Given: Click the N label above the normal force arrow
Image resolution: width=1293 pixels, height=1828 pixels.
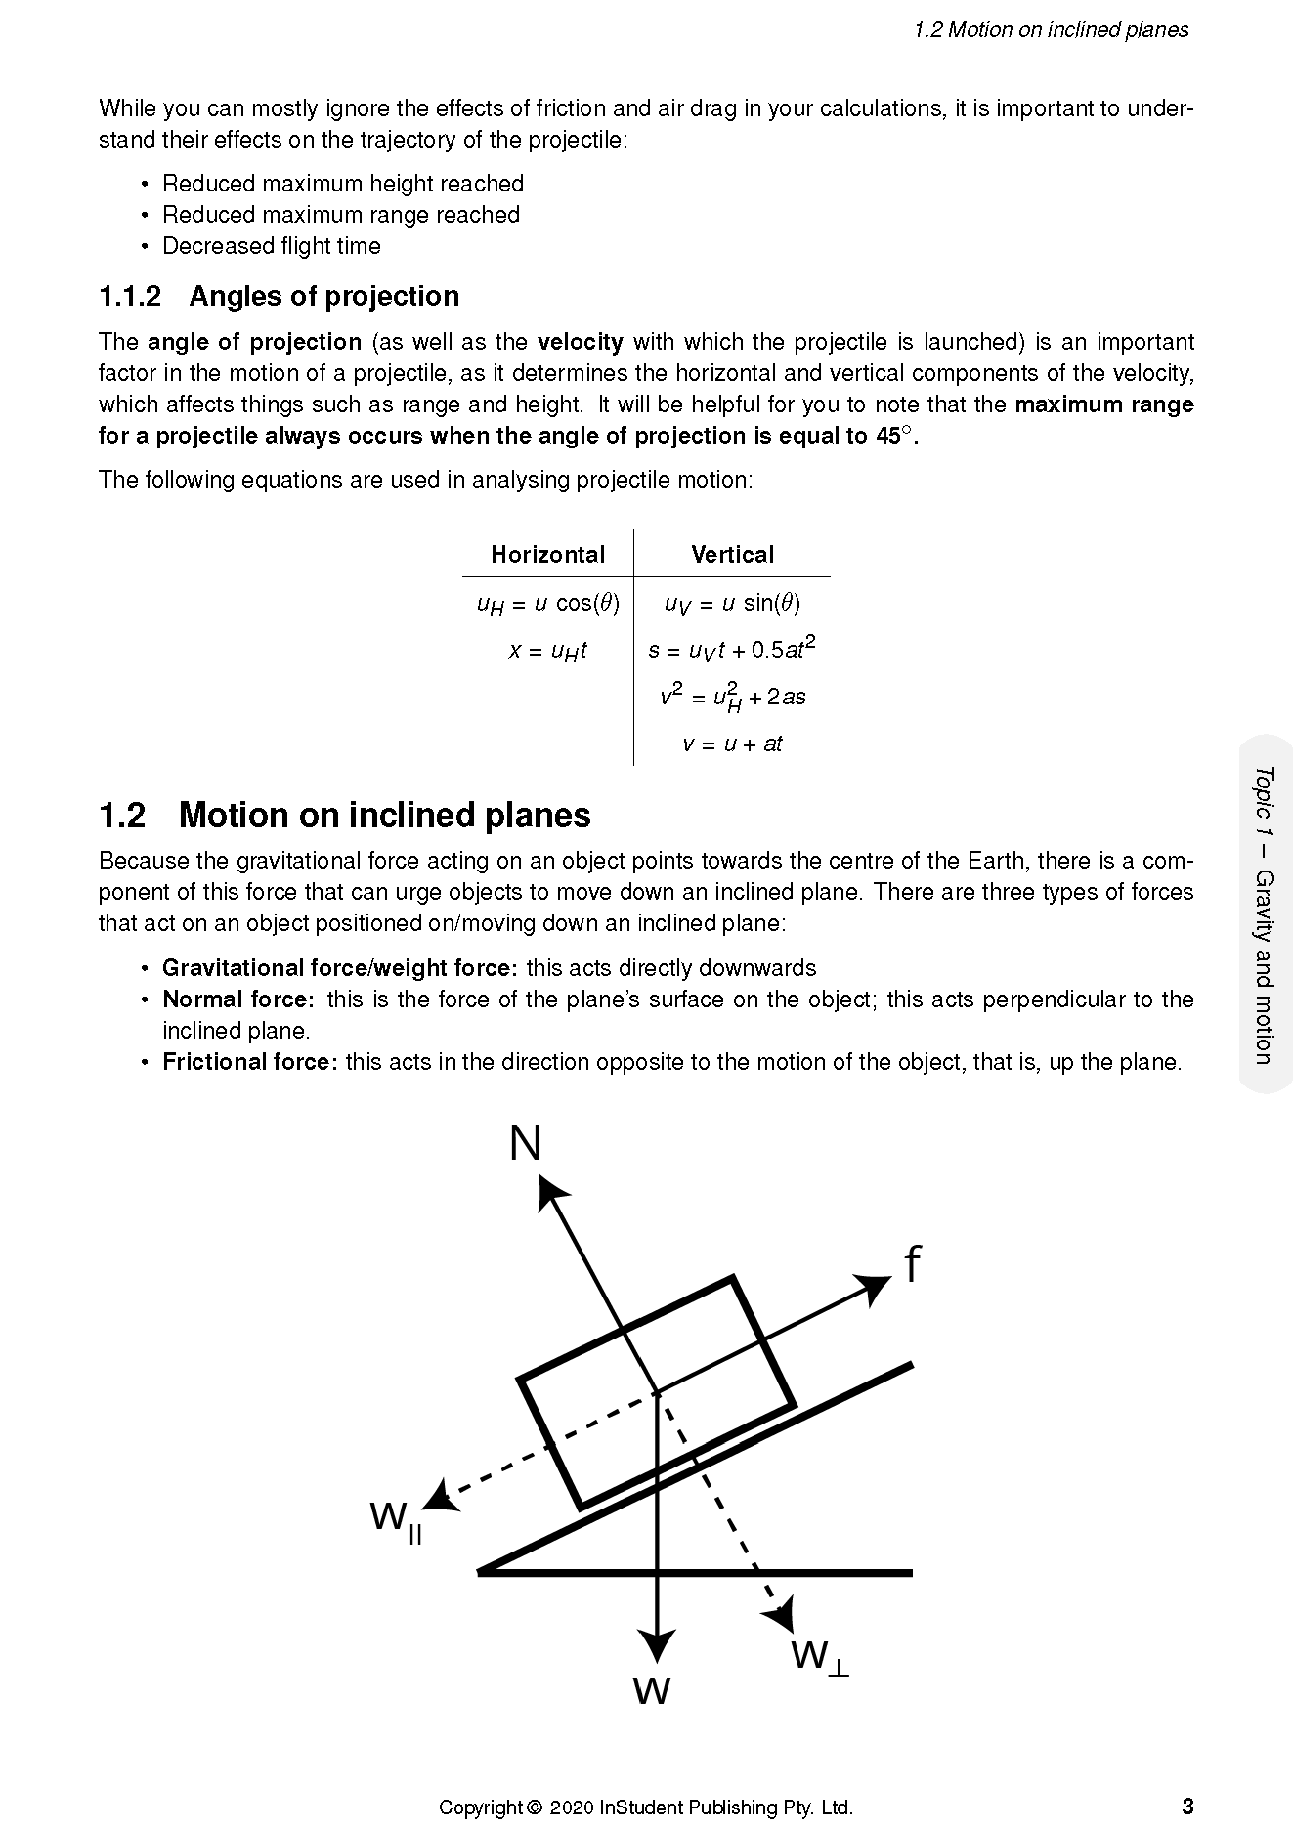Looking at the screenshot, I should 526,1143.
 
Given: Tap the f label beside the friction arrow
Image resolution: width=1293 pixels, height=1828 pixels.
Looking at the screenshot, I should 912,1265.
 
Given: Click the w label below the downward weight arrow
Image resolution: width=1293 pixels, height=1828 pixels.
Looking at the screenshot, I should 651,1688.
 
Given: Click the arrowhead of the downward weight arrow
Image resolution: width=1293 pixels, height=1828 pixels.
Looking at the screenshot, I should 657,1644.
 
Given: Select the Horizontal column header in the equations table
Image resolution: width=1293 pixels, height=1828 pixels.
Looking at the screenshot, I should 547,555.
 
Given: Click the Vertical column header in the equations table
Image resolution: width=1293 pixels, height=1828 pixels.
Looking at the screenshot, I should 732,555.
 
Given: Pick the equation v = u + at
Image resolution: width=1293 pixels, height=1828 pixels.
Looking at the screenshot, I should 732,744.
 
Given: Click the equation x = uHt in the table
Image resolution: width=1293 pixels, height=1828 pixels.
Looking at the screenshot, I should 547,651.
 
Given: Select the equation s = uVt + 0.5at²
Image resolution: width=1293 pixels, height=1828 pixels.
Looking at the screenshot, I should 732,649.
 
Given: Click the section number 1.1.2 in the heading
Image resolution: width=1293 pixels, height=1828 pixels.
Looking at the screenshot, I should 130,297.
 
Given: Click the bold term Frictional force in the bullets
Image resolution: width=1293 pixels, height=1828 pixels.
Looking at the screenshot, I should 249,1062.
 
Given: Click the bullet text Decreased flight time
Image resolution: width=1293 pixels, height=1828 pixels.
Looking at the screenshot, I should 272,246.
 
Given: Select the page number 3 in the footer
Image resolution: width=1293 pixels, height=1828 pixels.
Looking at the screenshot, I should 1186,1806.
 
